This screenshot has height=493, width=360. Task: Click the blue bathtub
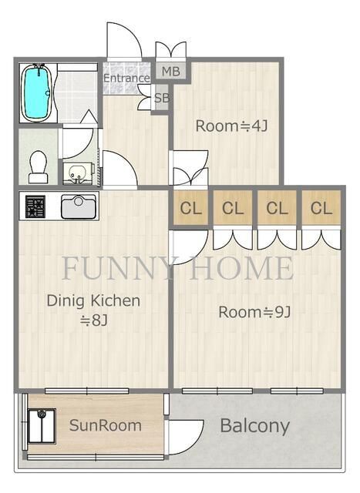tap(38, 92)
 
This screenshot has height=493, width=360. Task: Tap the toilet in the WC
tap(38, 167)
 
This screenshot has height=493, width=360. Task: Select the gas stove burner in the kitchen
tap(35, 206)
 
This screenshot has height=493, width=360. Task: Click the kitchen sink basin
tap(79, 206)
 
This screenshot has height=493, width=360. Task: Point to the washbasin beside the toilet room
tap(77, 173)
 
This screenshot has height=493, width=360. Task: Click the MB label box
tap(171, 72)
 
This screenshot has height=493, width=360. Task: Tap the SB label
tap(162, 99)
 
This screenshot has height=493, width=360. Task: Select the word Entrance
tap(126, 78)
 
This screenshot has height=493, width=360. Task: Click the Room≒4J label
tap(231, 126)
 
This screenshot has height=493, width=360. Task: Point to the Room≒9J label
tap(254, 312)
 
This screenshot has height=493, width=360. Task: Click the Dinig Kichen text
tap(93, 301)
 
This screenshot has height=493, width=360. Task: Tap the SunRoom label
tap(105, 425)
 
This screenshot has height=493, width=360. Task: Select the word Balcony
tap(255, 426)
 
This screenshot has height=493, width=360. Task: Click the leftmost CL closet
tap(190, 208)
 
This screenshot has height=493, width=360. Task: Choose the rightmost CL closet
tap(321, 208)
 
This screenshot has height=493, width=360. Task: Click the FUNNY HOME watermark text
tap(178, 268)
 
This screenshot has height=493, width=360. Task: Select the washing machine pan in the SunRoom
tap(42, 426)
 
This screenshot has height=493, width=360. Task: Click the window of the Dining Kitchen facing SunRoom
tap(87, 391)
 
